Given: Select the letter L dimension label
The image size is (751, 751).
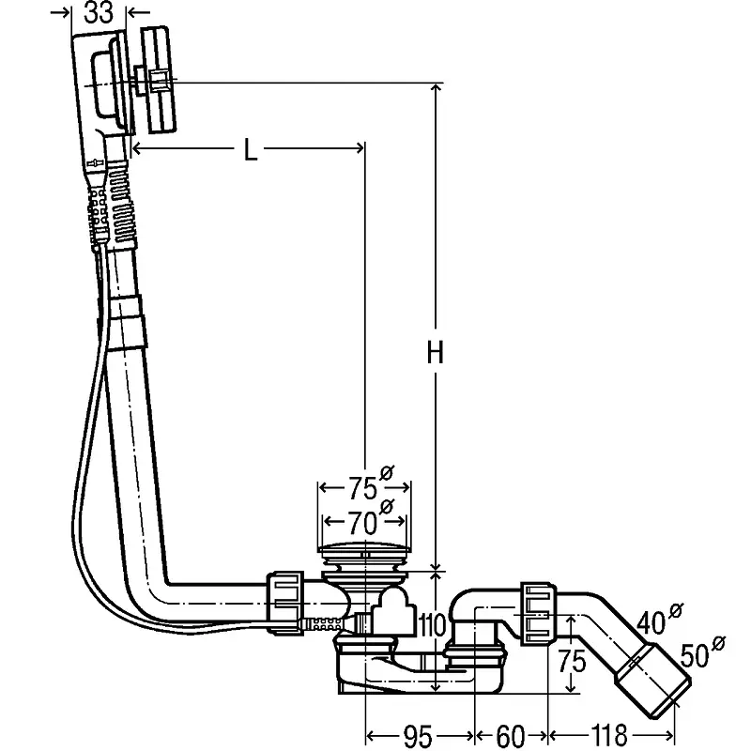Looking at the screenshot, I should (x=250, y=150).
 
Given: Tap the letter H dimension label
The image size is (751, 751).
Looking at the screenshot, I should (x=434, y=354).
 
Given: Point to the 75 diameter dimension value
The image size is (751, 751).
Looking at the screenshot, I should (x=362, y=489).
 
